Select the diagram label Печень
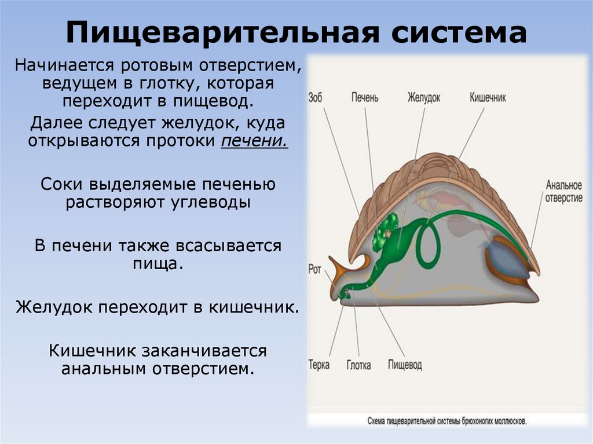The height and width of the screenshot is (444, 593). pos(365,97)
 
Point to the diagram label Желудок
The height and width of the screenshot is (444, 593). pos(423,97)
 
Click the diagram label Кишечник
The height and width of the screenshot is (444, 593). pos(488,97)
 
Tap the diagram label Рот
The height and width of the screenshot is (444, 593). pos(314,269)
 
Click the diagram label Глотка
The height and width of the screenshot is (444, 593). pos(359,365)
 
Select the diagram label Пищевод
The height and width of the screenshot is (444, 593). pos(404,365)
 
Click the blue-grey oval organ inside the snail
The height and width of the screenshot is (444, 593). pos(506,260)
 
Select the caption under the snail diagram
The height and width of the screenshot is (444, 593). pos(447,421)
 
